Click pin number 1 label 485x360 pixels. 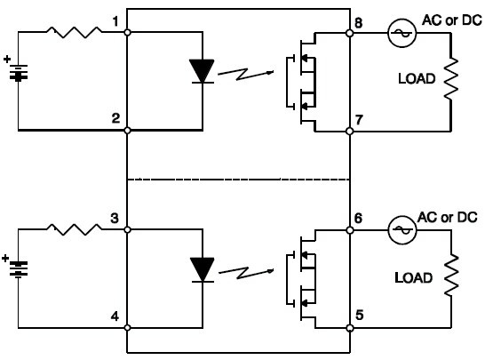tap(115, 21)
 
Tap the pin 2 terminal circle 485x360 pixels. tap(127, 131)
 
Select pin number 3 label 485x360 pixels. tap(115, 219)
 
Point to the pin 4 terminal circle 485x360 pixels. tap(127, 327)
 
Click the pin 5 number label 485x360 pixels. tap(359, 316)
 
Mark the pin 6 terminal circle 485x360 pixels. tap(350, 230)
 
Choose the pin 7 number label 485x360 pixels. tap(359, 119)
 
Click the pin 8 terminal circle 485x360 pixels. tap(349, 33)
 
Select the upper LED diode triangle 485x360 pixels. tap(202, 71)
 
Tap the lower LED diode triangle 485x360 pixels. tap(203, 269)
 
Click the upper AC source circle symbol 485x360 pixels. tap(402, 33)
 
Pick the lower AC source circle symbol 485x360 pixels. tap(402, 230)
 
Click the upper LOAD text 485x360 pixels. tap(417, 78)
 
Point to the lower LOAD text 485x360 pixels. tap(413, 277)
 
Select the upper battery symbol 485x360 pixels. tap(19, 73)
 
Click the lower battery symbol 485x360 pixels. tap(19, 269)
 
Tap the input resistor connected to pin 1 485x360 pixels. tap(75, 32)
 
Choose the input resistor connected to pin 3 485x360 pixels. tap(75, 229)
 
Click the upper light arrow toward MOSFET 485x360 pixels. tap(246, 74)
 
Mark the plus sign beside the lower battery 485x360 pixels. tap(5, 258)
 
